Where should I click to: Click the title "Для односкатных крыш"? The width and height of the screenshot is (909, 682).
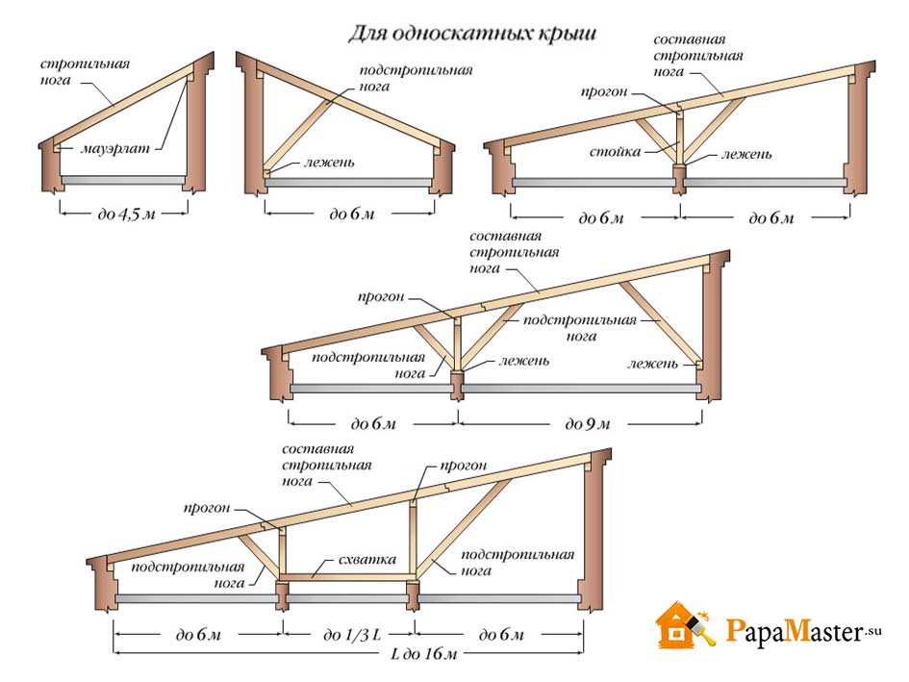[x=472, y=34]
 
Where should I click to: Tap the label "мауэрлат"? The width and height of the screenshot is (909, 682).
[x=114, y=148]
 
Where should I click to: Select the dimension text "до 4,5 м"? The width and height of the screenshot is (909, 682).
[x=126, y=214]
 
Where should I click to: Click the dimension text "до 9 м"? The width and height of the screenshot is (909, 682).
[x=588, y=424]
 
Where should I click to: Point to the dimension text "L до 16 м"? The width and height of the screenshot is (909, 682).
[x=424, y=654]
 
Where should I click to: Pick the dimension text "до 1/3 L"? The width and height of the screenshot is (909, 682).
[x=352, y=635]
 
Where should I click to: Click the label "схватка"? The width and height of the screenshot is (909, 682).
[x=367, y=560]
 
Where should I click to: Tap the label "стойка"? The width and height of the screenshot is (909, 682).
[x=615, y=152]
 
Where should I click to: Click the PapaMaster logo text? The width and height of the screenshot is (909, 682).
[x=803, y=630]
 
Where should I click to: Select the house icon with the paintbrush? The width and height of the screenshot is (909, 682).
[x=685, y=625]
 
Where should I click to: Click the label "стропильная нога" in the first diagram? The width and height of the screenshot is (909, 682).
[x=85, y=72]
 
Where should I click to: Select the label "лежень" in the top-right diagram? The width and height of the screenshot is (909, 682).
[x=746, y=154]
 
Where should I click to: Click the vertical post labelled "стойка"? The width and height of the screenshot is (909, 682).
[x=679, y=137]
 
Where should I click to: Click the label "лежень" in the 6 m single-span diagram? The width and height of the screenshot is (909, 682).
[x=328, y=163]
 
